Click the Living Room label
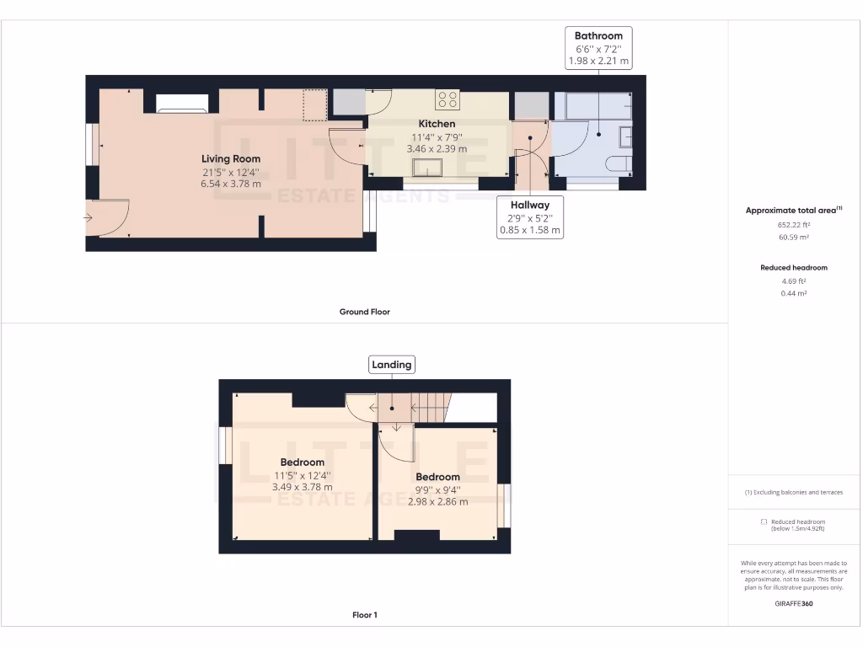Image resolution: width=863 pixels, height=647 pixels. [x=230, y=158]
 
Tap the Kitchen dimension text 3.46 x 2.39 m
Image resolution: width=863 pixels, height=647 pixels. [x=437, y=148]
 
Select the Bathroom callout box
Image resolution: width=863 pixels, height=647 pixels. [x=598, y=48]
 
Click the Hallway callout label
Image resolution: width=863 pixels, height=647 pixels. [x=529, y=217]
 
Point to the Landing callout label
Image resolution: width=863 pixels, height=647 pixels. [x=392, y=365]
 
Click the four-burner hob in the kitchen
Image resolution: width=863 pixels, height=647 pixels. [x=448, y=99]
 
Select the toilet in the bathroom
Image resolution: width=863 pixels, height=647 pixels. [x=620, y=163]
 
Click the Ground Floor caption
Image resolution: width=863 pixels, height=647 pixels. [x=364, y=312]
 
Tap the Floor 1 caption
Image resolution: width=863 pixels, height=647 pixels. [x=364, y=615]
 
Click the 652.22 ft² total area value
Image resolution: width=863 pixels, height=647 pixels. [x=794, y=225]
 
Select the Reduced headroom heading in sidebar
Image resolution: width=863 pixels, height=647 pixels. [x=794, y=268]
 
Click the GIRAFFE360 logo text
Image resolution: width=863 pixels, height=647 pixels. [x=794, y=604]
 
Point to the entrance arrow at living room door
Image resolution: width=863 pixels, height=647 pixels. [x=89, y=218]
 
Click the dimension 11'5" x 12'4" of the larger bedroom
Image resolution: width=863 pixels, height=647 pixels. [x=302, y=474]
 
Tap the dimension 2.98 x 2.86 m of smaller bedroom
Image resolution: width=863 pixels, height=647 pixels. [x=437, y=501]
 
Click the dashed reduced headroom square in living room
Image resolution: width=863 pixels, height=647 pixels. [x=314, y=104]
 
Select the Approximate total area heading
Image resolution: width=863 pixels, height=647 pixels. [x=793, y=211]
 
